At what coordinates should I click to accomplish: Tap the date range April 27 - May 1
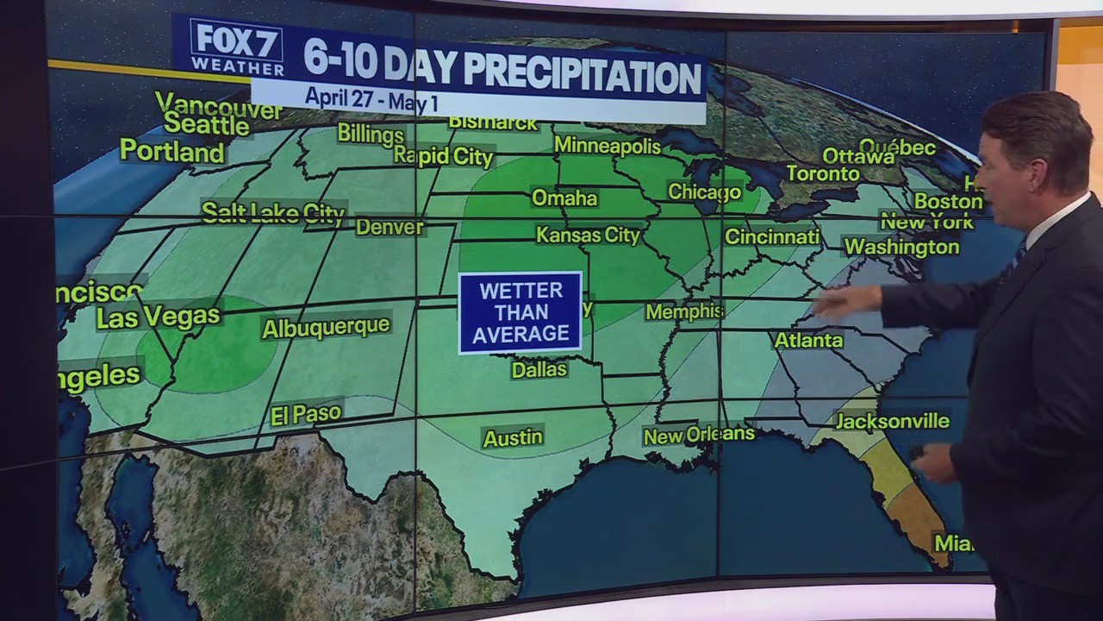371,99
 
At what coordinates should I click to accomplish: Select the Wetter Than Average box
520,312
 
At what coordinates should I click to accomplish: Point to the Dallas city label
539,370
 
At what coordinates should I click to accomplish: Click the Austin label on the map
513,438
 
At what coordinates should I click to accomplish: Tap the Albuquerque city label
326,328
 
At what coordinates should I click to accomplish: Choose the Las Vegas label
158,317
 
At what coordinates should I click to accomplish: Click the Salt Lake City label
272,213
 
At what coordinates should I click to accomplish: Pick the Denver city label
389,227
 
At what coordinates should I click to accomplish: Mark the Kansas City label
588,235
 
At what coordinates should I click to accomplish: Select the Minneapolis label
607,146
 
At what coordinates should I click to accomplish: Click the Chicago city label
704,191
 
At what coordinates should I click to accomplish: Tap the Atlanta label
807,341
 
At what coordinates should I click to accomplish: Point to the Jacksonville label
892,422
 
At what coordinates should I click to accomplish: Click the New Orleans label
698,436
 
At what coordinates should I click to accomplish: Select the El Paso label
306,415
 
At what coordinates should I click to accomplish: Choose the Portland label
171,152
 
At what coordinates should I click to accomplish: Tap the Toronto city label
823,173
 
